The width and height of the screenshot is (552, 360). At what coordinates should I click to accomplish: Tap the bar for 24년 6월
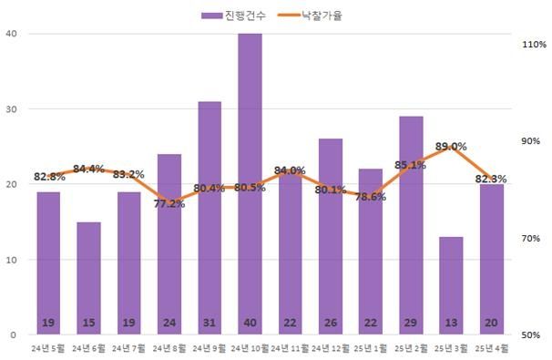click(88, 273)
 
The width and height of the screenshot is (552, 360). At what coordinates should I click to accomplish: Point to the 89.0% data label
click(451, 147)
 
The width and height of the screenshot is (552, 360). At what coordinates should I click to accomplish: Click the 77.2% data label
click(169, 204)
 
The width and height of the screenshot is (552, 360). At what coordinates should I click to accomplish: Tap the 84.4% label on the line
click(88, 169)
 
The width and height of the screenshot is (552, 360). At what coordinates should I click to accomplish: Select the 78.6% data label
click(370, 197)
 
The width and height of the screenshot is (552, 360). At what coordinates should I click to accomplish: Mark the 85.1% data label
click(411, 165)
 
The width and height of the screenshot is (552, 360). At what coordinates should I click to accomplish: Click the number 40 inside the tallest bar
click(250, 324)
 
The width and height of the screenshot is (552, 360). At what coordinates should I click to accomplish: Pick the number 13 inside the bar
click(450, 324)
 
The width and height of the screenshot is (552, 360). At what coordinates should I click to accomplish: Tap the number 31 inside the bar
click(210, 324)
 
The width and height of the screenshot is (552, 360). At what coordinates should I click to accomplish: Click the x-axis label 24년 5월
click(48, 348)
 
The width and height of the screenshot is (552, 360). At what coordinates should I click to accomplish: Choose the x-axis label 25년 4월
click(491, 348)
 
